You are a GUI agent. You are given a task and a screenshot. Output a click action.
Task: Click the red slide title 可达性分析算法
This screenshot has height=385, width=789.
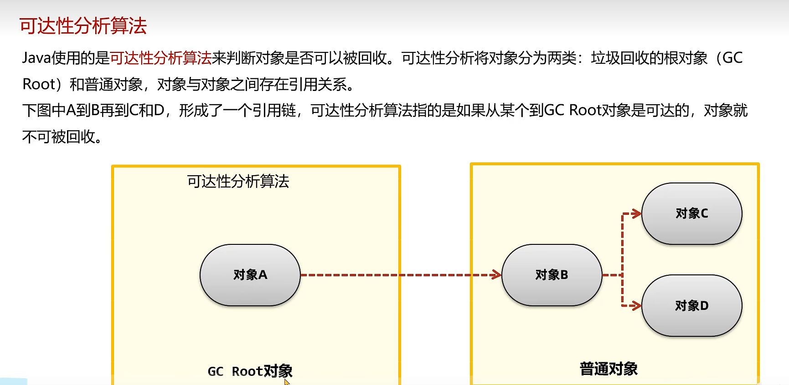(x=83, y=26)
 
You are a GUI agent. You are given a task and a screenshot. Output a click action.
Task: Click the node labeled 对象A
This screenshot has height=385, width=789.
(x=250, y=275)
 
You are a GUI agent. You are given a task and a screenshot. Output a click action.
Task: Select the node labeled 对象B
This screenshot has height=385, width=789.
(x=552, y=275)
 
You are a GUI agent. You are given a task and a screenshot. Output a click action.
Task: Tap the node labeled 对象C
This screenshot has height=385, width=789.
(x=691, y=213)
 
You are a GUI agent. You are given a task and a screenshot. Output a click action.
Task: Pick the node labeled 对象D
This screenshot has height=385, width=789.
(x=691, y=305)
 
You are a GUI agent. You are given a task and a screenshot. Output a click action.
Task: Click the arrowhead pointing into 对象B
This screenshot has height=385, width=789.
(x=496, y=275)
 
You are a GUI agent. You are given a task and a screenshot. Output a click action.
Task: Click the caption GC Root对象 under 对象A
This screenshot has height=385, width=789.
(x=250, y=371)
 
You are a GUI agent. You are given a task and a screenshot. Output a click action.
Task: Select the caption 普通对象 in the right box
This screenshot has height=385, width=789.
(x=609, y=369)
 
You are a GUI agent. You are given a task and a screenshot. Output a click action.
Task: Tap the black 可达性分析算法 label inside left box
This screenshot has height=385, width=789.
(x=238, y=182)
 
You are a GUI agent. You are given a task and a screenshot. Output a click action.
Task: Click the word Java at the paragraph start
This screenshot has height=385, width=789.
(x=36, y=58)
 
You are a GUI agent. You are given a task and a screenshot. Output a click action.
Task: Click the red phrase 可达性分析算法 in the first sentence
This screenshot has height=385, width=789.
(x=161, y=58)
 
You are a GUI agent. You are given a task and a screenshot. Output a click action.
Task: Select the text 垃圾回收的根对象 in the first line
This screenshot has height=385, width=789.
(x=649, y=58)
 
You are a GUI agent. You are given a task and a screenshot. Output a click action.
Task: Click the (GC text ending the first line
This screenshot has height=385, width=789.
(x=729, y=58)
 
